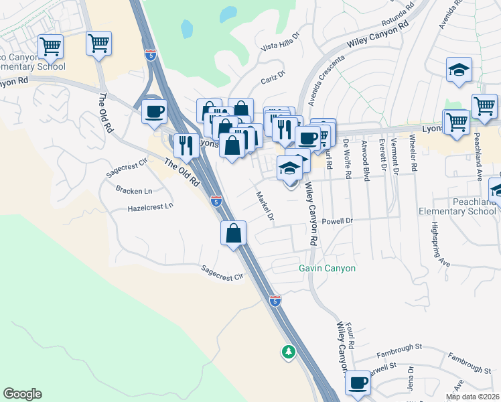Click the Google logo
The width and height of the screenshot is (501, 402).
click(x=22, y=394)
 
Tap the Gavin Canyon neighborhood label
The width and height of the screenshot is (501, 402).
click(x=327, y=268)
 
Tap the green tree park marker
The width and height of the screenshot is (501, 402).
click(x=289, y=351)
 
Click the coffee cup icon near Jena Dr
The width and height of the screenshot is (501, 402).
click(x=358, y=383)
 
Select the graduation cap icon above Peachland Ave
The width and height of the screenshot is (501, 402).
click(x=459, y=70)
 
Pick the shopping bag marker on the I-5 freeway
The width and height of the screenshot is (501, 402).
click(x=234, y=234)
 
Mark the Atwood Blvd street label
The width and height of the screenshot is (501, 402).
click(x=366, y=161)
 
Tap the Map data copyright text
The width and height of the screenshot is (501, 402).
click(x=472, y=397)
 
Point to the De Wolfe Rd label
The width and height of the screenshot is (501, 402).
click(x=347, y=159)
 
